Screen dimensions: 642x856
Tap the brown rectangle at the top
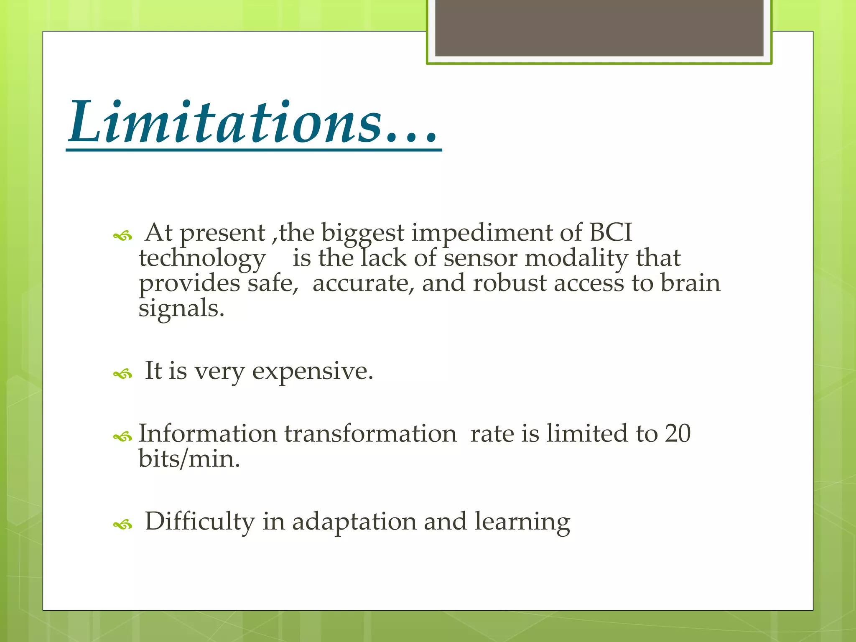pyautogui.click(x=599, y=28)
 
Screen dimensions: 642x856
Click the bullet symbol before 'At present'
pyautogui.click(x=122, y=237)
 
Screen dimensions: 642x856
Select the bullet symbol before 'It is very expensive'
pyautogui.click(x=122, y=374)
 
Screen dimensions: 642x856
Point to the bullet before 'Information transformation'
pyautogui.click(x=122, y=437)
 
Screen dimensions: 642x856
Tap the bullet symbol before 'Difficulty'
pyautogui.click(x=122, y=525)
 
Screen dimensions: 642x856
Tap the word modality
pyautogui.click(x=576, y=259)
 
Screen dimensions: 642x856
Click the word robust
pyautogui.click(x=510, y=284)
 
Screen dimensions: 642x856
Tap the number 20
pyautogui.click(x=678, y=433)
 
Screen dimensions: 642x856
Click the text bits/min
pyautogui.click(x=189, y=459)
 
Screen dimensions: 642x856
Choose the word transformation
pyautogui.click(x=370, y=434)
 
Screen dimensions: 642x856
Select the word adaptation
pyautogui.click(x=354, y=522)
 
